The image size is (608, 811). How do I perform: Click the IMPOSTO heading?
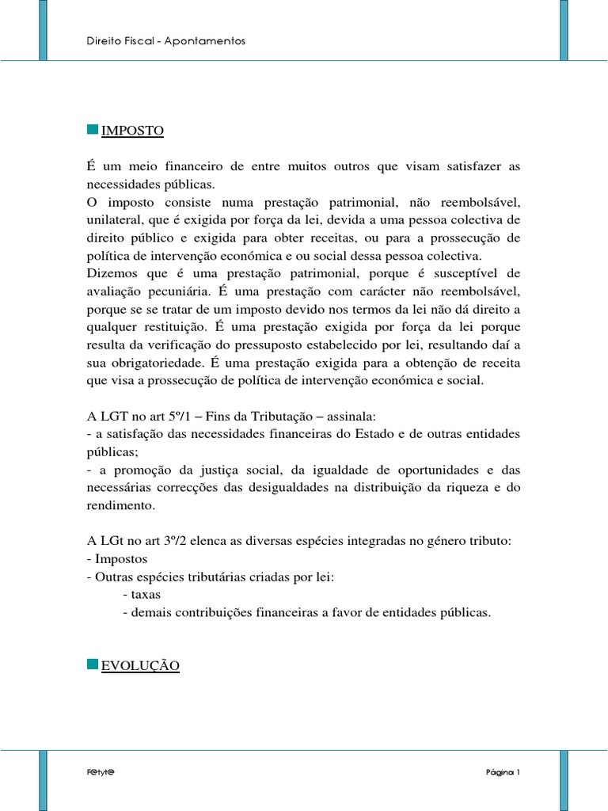132,131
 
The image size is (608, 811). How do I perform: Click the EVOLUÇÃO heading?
140,666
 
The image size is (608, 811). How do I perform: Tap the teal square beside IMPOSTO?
92,129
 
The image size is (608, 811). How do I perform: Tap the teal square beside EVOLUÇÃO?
92,664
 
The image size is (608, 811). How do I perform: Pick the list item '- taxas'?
142,595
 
